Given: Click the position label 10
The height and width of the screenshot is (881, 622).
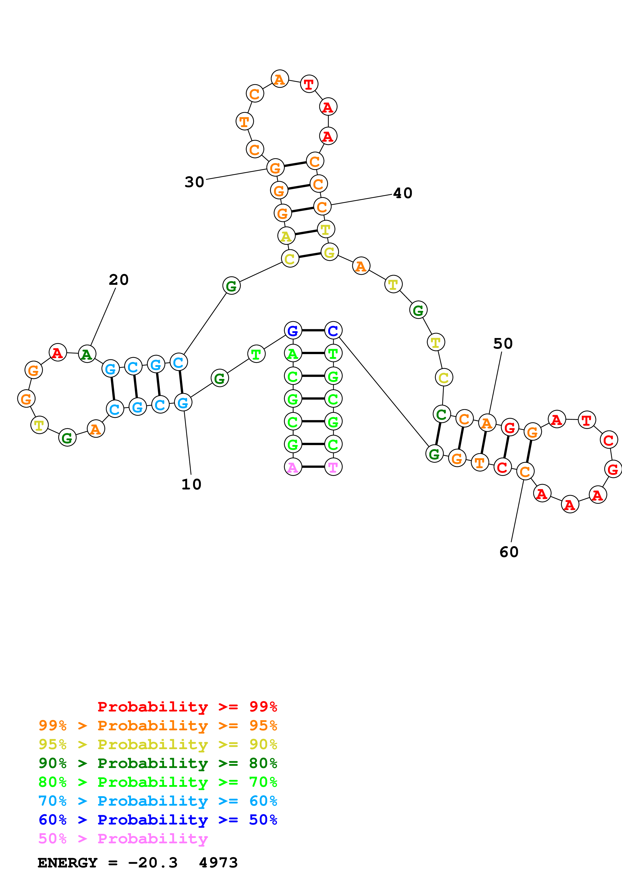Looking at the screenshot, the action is click(x=191, y=484).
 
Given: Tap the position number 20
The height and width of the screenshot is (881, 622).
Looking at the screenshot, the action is click(x=118, y=280).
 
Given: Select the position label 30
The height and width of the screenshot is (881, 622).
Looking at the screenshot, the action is click(x=194, y=182).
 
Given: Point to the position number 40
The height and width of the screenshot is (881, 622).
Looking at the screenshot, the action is click(x=403, y=193).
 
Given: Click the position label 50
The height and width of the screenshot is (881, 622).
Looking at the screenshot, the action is click(x=503, y=343).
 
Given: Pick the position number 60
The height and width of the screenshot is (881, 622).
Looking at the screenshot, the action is click(x=509, y=552).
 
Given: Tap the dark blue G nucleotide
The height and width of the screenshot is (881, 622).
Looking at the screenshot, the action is click(x=293, y=331).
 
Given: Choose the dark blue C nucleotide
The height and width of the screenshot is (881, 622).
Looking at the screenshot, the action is click(x=333, y=331).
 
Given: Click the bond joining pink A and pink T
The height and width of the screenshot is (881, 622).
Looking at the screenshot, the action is click(x=313, y=467).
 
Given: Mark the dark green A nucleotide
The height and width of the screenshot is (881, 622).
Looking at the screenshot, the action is click(x=87, y=354).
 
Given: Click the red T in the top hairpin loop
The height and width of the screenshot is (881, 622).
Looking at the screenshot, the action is click(x=309, y=84).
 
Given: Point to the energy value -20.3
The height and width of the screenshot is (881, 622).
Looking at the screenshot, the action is click(x=153, y=863).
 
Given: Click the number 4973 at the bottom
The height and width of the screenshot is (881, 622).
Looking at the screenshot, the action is click(x=218, y=863).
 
